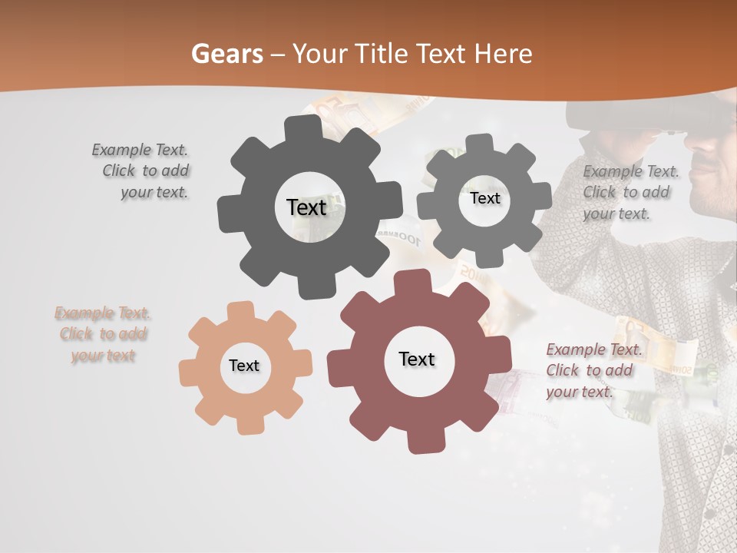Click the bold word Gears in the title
tap(227, 54)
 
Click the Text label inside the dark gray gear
tap(306, 207)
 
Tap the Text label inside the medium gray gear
tap(484, 198)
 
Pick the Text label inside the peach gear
tap(244, 366)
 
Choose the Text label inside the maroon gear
tap(417, 359)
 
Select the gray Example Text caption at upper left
tap(141, 171)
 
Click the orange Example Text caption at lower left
tap(103, 334)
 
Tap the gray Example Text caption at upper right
tap(630, 193)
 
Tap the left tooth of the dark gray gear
tap(229, 208)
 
